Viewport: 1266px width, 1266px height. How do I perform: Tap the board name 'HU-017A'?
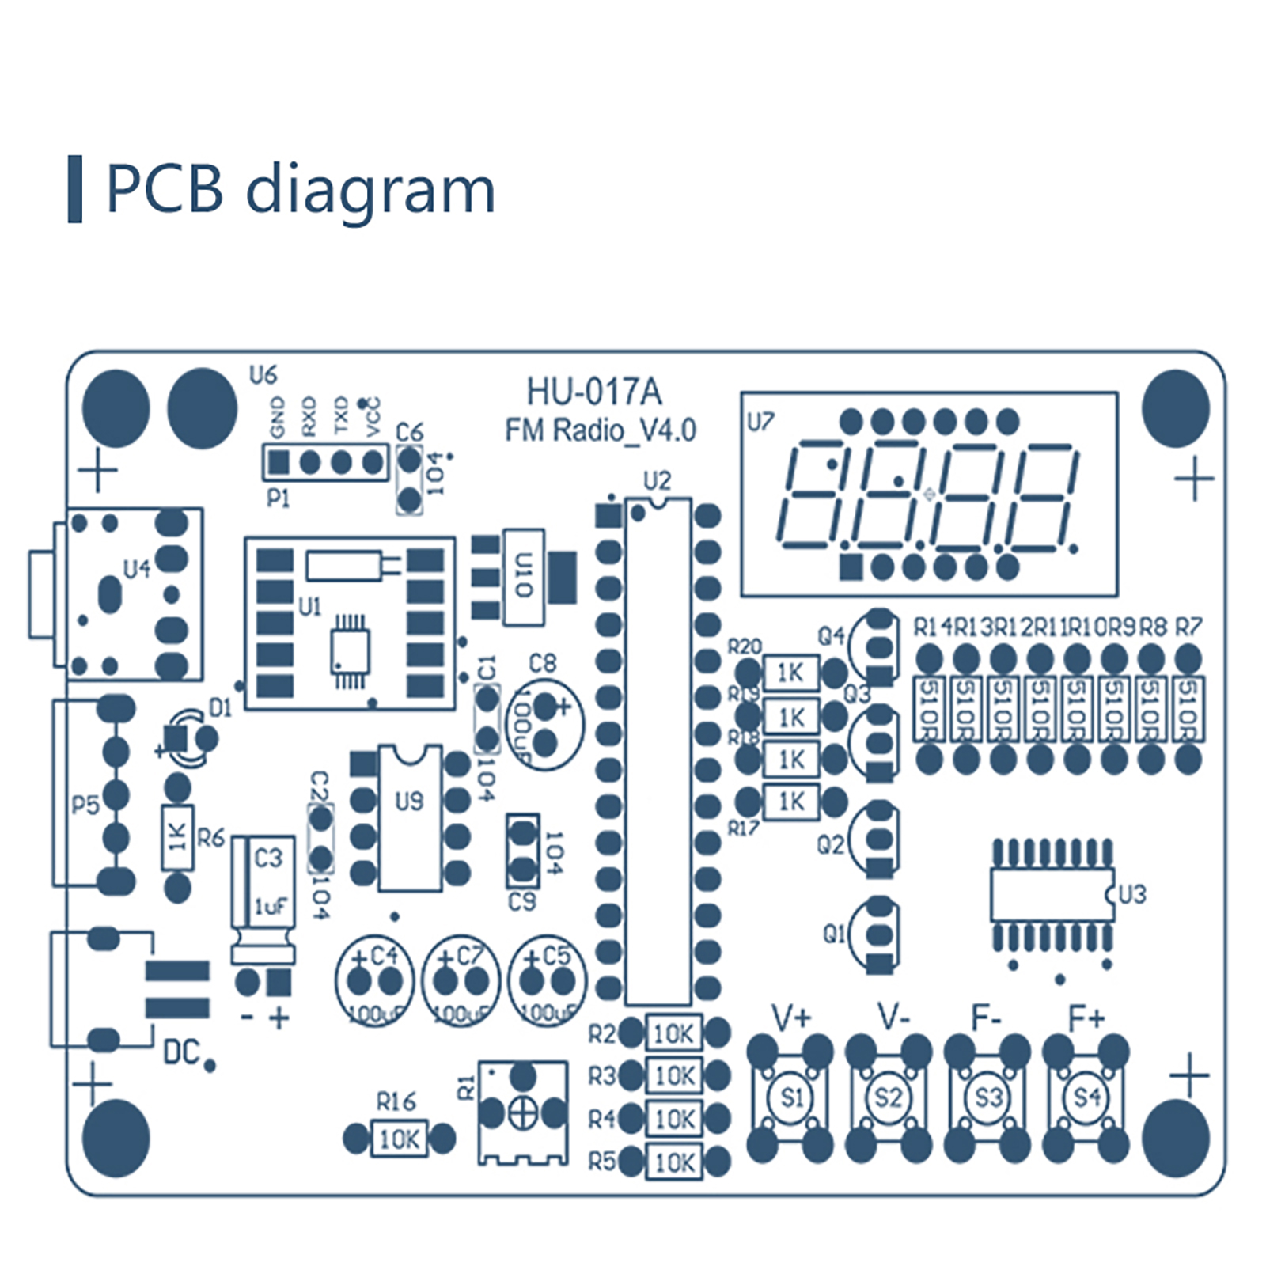pyautogui.click(x=594, y=392)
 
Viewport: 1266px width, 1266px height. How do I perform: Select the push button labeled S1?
pyautogui.click(x=790, y=1097)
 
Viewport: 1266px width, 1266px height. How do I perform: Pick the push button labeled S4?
pyautogui.click(x=1086, y=1097)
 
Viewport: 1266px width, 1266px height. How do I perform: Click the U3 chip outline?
pyautogui.click(x=1052, y=895)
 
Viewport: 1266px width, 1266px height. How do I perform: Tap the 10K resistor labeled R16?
pyautogui.click(x=399, y=1139)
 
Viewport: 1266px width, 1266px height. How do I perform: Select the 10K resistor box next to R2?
pyautogui.click(x=674, y=1033)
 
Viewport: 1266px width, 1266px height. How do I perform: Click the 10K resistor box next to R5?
pyautogui.click(x=674, y=1162)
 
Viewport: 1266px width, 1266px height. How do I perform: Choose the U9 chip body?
pyautogui.click(x=409, y=819)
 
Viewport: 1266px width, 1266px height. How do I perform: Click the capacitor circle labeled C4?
pyautogui.click(x=374, y=981)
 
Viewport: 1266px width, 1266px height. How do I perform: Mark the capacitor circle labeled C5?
pyautogui.click(x=547, y=981)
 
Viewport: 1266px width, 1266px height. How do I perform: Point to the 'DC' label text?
pyautogui.click(x=181, y=1052)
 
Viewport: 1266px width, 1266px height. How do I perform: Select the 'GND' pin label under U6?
pyautogui.click(x=277, y=417)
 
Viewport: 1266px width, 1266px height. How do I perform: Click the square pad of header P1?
pyautogui.click(x=279, y=462)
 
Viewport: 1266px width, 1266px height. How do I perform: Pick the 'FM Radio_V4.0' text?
pyautogui.click(x=601, y=430)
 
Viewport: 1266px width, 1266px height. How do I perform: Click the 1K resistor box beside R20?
pyautogui.click(x=790, y=673)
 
